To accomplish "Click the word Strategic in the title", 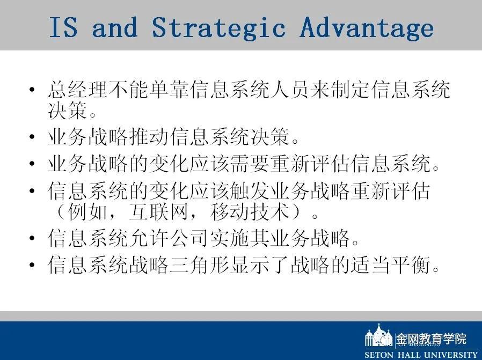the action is (218, 27).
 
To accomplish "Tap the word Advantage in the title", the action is (367, 27).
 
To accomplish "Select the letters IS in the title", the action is (63, 27).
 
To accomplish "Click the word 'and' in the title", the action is (115, 27).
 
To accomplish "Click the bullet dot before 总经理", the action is (32, 90).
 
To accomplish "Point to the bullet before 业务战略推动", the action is (32, 137).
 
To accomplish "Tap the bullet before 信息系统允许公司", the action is (32, 238).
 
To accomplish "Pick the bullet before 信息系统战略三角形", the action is (32, 265).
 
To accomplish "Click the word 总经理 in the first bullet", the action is (77, 90).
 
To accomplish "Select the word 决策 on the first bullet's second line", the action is (68, 110).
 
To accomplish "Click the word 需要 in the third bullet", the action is (250, 164).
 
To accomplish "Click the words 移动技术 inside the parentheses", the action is (250, 212).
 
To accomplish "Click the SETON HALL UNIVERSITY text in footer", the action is (420, 355).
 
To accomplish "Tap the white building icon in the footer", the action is (379, 335).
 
